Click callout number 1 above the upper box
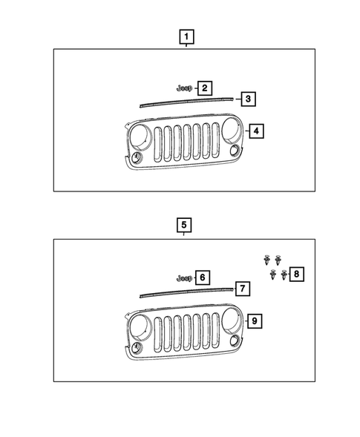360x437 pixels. [186, 37]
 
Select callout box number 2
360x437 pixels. [205, 88]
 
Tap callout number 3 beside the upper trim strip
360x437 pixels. [248, 99]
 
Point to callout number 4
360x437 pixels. [256, 131]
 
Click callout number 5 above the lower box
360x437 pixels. [184, 225]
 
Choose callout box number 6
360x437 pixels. [203, 277]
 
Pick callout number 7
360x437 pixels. [243, 289]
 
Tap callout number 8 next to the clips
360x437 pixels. [297, 275]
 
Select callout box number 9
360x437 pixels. [255, 321]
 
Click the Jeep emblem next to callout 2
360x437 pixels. [185, 88]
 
